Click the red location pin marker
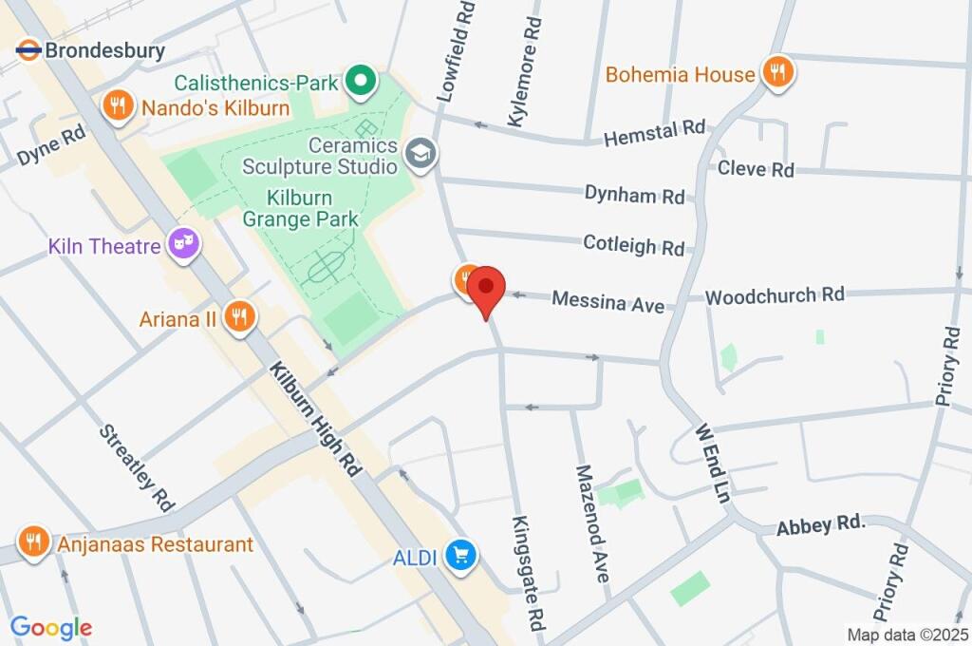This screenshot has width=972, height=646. [488, 289]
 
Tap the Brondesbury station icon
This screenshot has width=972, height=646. [28, 50]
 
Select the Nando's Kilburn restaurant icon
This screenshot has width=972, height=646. [119, 107]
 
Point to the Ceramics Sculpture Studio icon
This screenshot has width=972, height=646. [419, 152]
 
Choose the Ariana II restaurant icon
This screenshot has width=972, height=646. [239, 318]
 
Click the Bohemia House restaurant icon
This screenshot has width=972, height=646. [778, 73]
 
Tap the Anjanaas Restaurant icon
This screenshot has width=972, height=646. [34, 544]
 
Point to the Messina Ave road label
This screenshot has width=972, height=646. [608, 302]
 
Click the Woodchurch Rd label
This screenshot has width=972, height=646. [775, 295]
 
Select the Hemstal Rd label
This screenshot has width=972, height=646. [655, 133]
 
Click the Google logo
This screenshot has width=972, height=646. [51, 627]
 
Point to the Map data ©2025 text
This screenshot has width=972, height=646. [907, 634]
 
